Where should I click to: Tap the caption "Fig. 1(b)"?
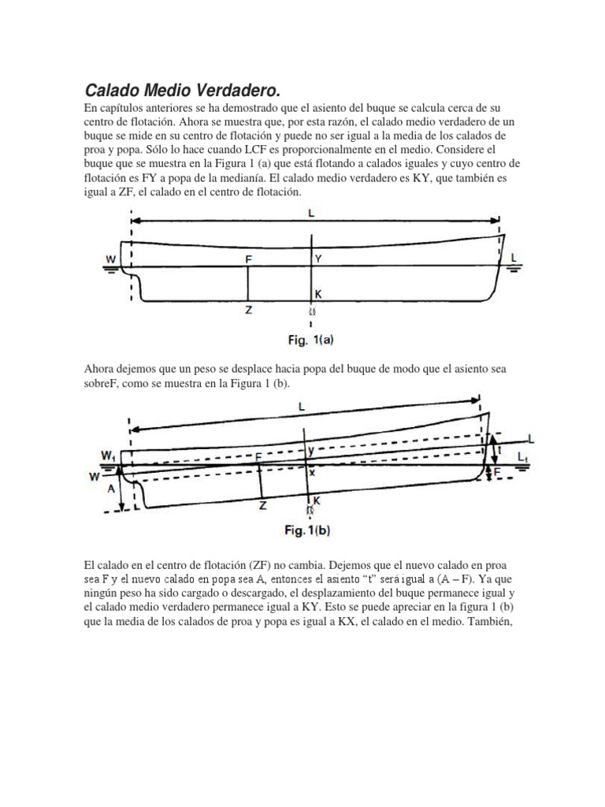click(306, 530)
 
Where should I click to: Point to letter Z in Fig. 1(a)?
click(249, 311)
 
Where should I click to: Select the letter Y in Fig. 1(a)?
click(318, 258)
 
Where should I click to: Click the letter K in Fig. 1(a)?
click(318, 292)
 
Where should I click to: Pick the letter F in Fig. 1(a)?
click(249, 258)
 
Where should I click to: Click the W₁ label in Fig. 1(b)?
click(105, 453)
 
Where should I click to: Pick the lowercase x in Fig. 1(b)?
click(312, 473)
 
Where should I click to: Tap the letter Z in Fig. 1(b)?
click(262, 507)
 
